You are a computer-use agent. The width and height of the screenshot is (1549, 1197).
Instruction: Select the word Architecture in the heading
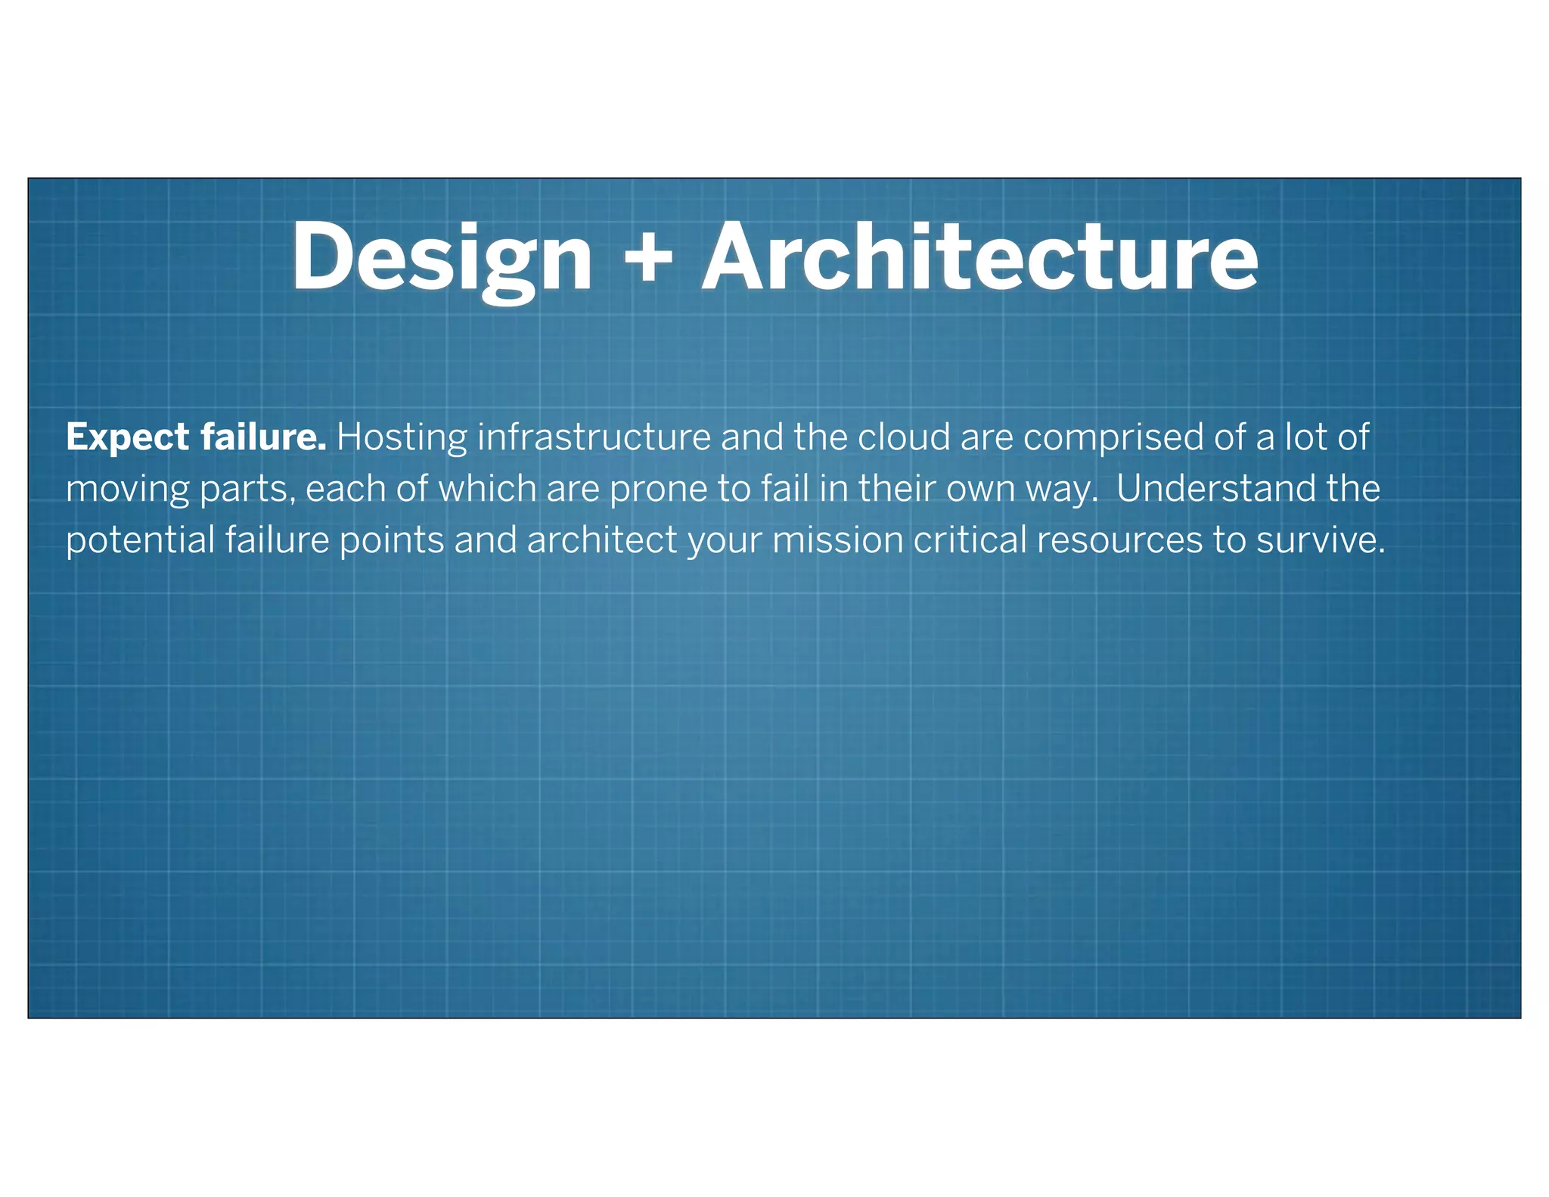980,257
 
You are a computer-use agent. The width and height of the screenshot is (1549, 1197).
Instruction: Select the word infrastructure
594,437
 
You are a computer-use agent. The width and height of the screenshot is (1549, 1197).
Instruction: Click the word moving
127,490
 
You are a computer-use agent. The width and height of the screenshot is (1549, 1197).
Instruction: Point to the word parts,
247,490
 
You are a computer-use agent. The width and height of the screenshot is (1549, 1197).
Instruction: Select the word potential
140,540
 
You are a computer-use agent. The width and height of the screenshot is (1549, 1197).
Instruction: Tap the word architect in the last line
602,540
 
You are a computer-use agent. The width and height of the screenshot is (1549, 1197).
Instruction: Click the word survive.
1320,540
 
